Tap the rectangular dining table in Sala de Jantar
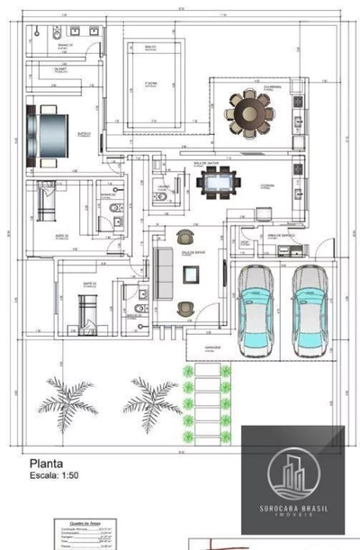[220, 184]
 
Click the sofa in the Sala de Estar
[164, 271]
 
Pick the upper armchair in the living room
[186, 238]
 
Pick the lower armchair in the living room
[186, 307]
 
